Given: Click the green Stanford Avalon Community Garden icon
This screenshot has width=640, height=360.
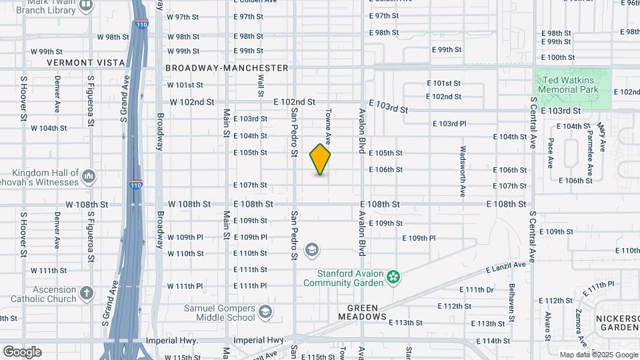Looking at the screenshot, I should [394, 275].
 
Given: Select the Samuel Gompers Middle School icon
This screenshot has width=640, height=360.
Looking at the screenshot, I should [265, 312].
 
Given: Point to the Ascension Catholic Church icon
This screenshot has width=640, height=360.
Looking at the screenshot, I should [87, 293].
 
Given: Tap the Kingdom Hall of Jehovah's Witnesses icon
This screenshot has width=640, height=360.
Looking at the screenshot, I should [89, 176].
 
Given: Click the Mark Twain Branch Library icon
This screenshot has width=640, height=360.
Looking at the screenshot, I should [86, 6].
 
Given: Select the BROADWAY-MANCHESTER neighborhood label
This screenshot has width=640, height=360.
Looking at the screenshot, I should [227, 68].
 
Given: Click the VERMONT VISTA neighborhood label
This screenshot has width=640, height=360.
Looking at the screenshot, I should [86, 63].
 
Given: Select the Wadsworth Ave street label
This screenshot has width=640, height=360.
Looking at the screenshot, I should [462, 171].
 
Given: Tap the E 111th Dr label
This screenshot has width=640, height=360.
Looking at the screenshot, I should [479, 289].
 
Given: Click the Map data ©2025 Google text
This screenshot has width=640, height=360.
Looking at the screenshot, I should [599, 355].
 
